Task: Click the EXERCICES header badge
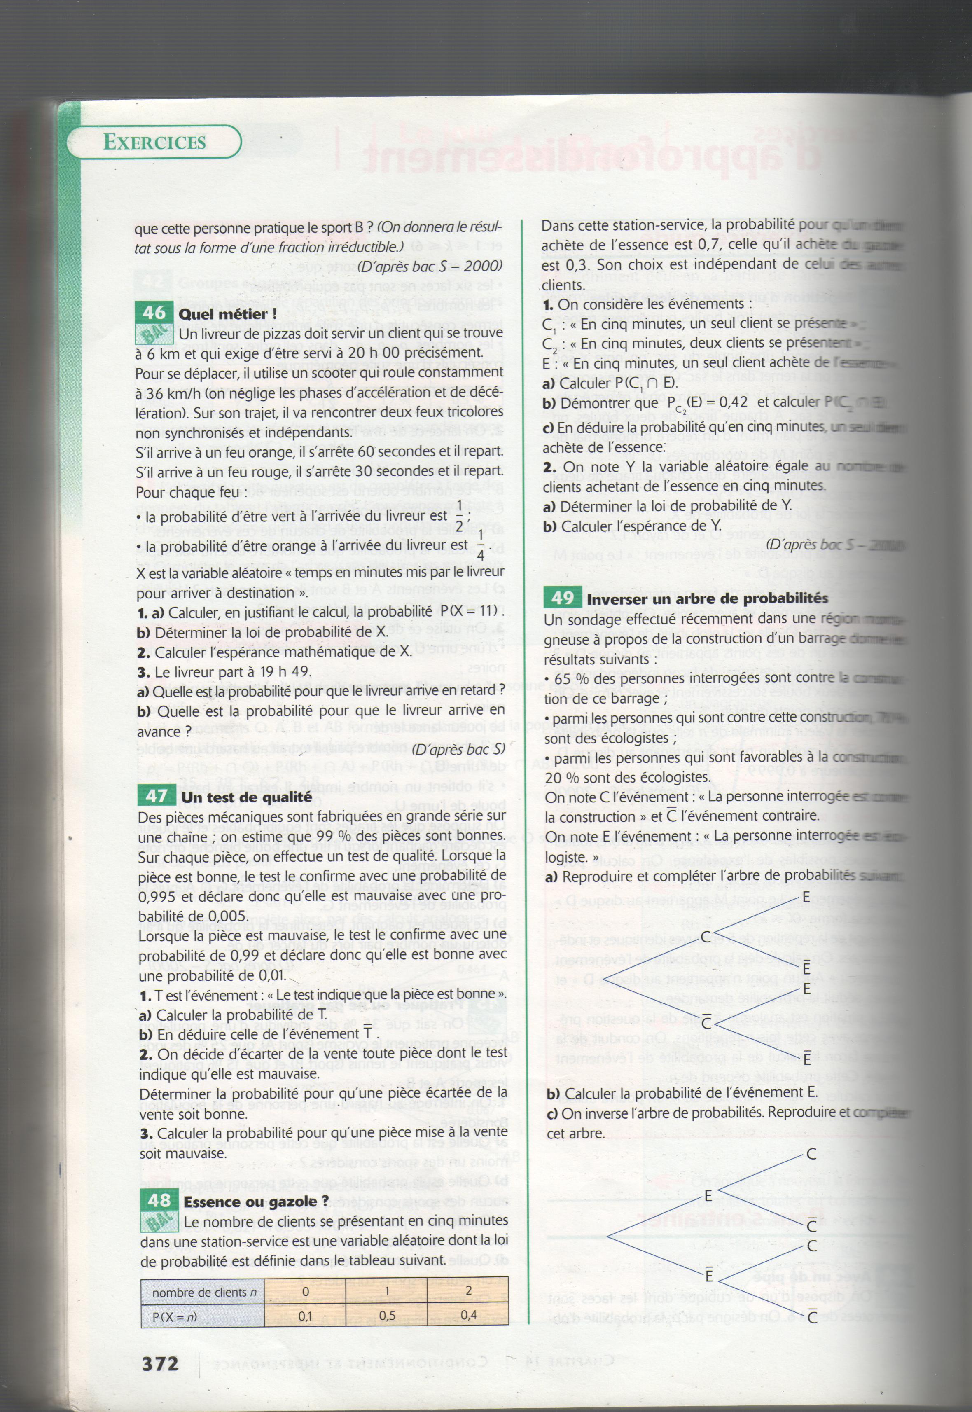(x=154, y=142)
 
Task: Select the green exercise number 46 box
(x=154, y=313)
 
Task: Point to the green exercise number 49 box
(x=562, y=598)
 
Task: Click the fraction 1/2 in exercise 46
(x=459, y=515)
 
